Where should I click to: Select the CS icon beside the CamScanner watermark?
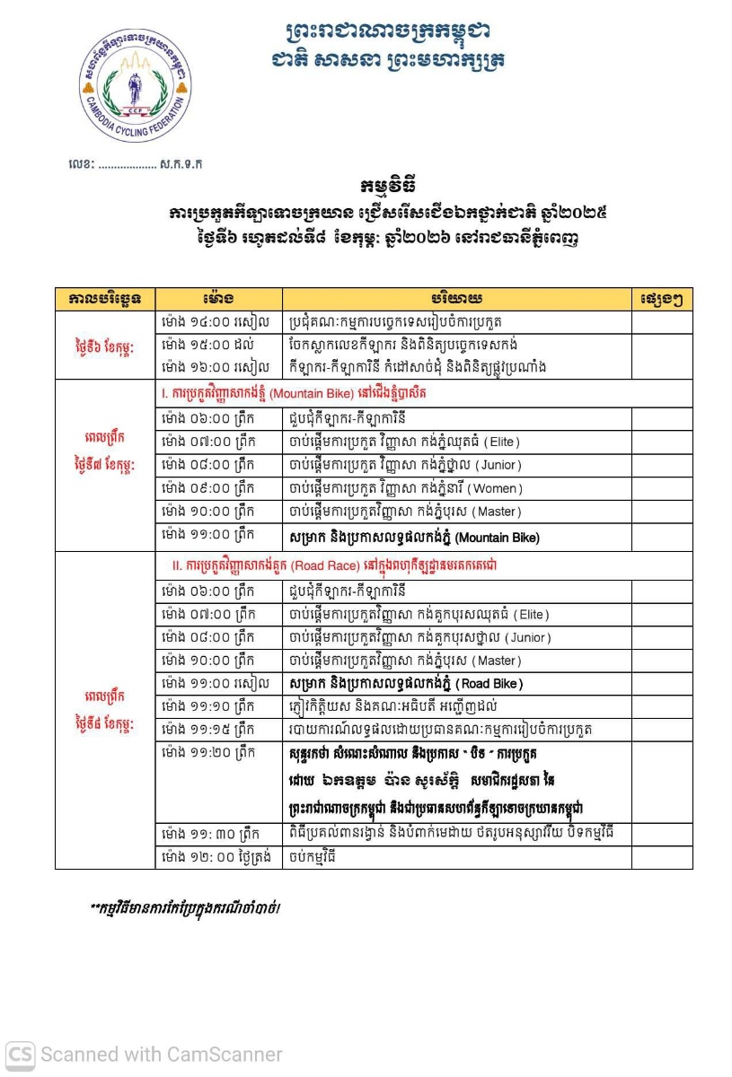tap(21, 1054)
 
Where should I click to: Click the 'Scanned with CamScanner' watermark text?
tap(162, 1055)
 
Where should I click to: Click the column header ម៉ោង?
tap(218, 298)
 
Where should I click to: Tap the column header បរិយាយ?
tap(456, 298)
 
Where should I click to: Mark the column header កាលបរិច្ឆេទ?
tap(105, 298)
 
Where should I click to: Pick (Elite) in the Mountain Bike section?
tap(501, 442)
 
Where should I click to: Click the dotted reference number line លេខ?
tap(135, 164)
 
